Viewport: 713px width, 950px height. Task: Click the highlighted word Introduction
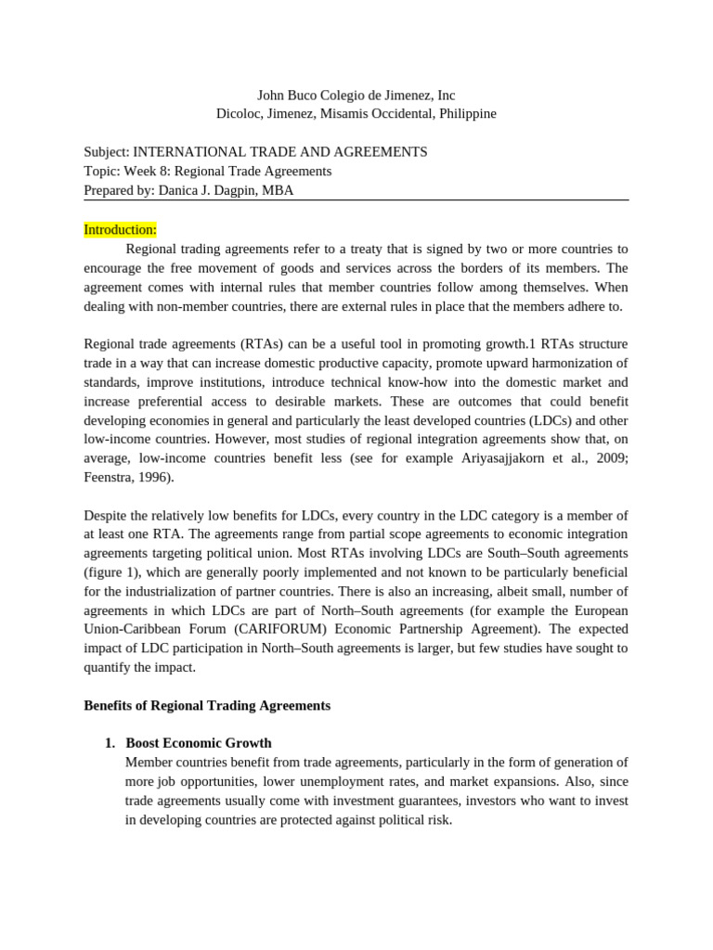[120, 229]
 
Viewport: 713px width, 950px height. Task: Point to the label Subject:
[107, 151]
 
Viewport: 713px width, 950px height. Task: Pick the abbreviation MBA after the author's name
[279, 190]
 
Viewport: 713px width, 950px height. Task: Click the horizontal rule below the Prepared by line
[356, 200]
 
